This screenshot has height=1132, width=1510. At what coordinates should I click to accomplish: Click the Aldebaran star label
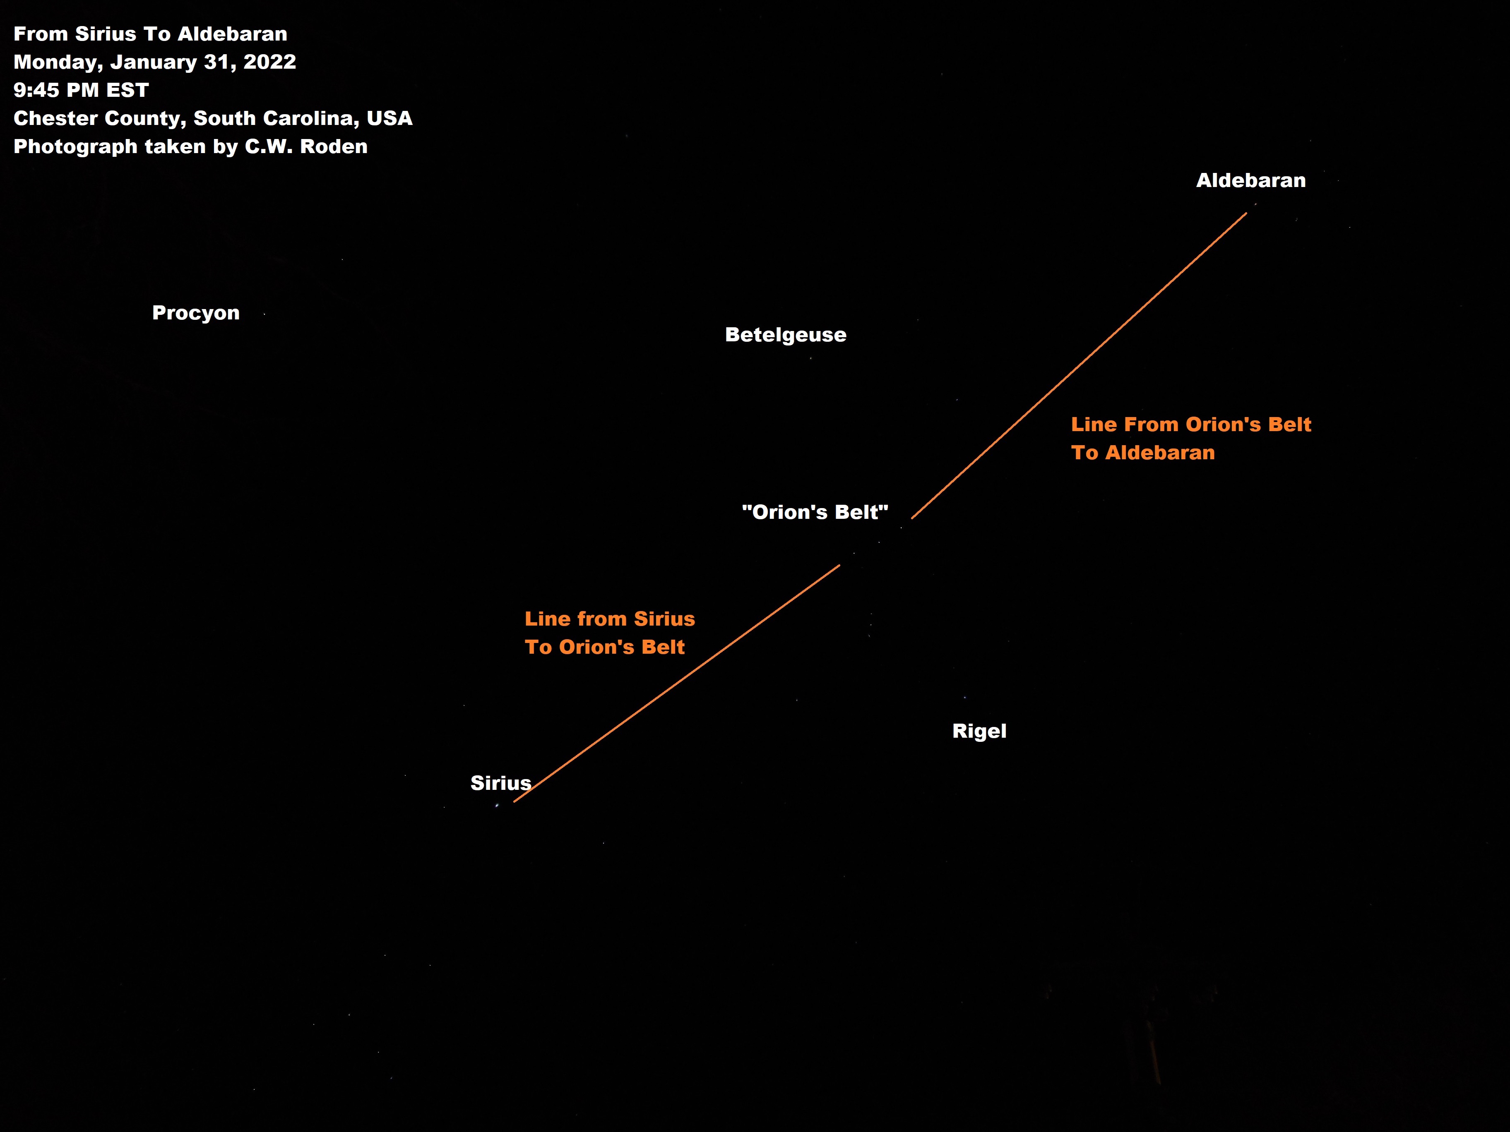pyautogui.click(x=1250, y=181)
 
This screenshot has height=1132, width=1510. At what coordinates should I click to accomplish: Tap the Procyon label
pyautogui.click(x=196, y=313)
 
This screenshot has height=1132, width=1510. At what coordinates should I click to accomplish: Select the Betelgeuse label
pyautogui.click(x=785, y=335)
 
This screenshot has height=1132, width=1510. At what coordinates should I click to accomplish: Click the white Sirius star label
pyautogui.click(x=500, y=783)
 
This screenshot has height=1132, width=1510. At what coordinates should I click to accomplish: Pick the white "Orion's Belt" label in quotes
pyautogui.click(x=815, y=513)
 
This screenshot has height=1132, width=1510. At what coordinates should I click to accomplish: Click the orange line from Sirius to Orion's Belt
pyautogui.click(x=676, y=684)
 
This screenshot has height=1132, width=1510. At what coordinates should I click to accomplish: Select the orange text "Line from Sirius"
pyautogui.click(x=610, y=619)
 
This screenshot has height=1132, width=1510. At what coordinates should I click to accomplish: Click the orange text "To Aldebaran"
pyautogui.click(x=1143, y=453)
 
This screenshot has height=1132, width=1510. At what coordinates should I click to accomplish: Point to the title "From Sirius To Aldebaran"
pyautogui.click(x=150, y=34)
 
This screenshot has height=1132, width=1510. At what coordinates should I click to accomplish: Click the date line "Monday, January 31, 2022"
pyautogui.click(x=154, y=62)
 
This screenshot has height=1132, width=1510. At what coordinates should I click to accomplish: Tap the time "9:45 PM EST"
pyautogui.click(x=81, y=90)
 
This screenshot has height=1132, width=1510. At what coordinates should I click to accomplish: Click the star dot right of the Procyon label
pyautogui.click(x=264, y=314)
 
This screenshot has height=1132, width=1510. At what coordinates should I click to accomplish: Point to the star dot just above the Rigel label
pyautogui.click(x=964, y=697)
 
